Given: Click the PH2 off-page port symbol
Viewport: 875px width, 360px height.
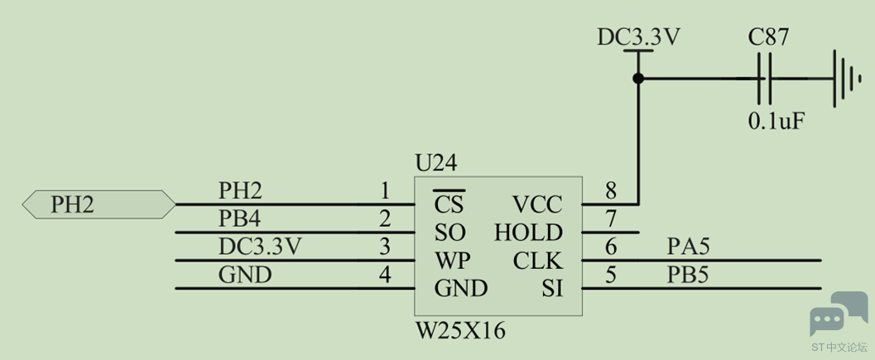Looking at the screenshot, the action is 99,204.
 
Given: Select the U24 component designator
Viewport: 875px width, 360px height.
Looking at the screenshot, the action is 436,164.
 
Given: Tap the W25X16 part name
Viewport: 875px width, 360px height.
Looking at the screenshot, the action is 461,332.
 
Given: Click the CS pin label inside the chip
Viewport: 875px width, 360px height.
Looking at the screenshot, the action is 449,204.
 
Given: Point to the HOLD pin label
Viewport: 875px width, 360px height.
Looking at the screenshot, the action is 528,233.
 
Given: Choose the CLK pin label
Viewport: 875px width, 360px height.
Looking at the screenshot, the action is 538,261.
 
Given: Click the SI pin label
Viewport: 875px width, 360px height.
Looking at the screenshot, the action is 552,289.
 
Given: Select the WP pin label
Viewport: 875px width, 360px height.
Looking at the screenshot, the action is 452,261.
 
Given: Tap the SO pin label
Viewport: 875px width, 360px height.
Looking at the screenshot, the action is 450,233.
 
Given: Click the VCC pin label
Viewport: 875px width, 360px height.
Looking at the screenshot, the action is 537,205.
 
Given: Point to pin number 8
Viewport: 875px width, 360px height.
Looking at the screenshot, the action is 611,191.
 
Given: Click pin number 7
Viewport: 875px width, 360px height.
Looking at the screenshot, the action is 611,219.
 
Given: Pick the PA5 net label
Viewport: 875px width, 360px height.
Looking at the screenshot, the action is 688,246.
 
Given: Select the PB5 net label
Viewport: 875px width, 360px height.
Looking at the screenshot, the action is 688,275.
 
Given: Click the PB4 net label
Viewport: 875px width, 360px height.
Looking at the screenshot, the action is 239,218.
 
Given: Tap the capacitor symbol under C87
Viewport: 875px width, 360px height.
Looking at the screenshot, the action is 765,79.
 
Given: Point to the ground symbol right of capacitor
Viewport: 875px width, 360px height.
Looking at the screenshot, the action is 844,79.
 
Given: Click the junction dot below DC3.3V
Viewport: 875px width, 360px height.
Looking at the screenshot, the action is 638,79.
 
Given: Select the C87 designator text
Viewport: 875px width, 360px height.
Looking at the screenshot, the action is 768,38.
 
